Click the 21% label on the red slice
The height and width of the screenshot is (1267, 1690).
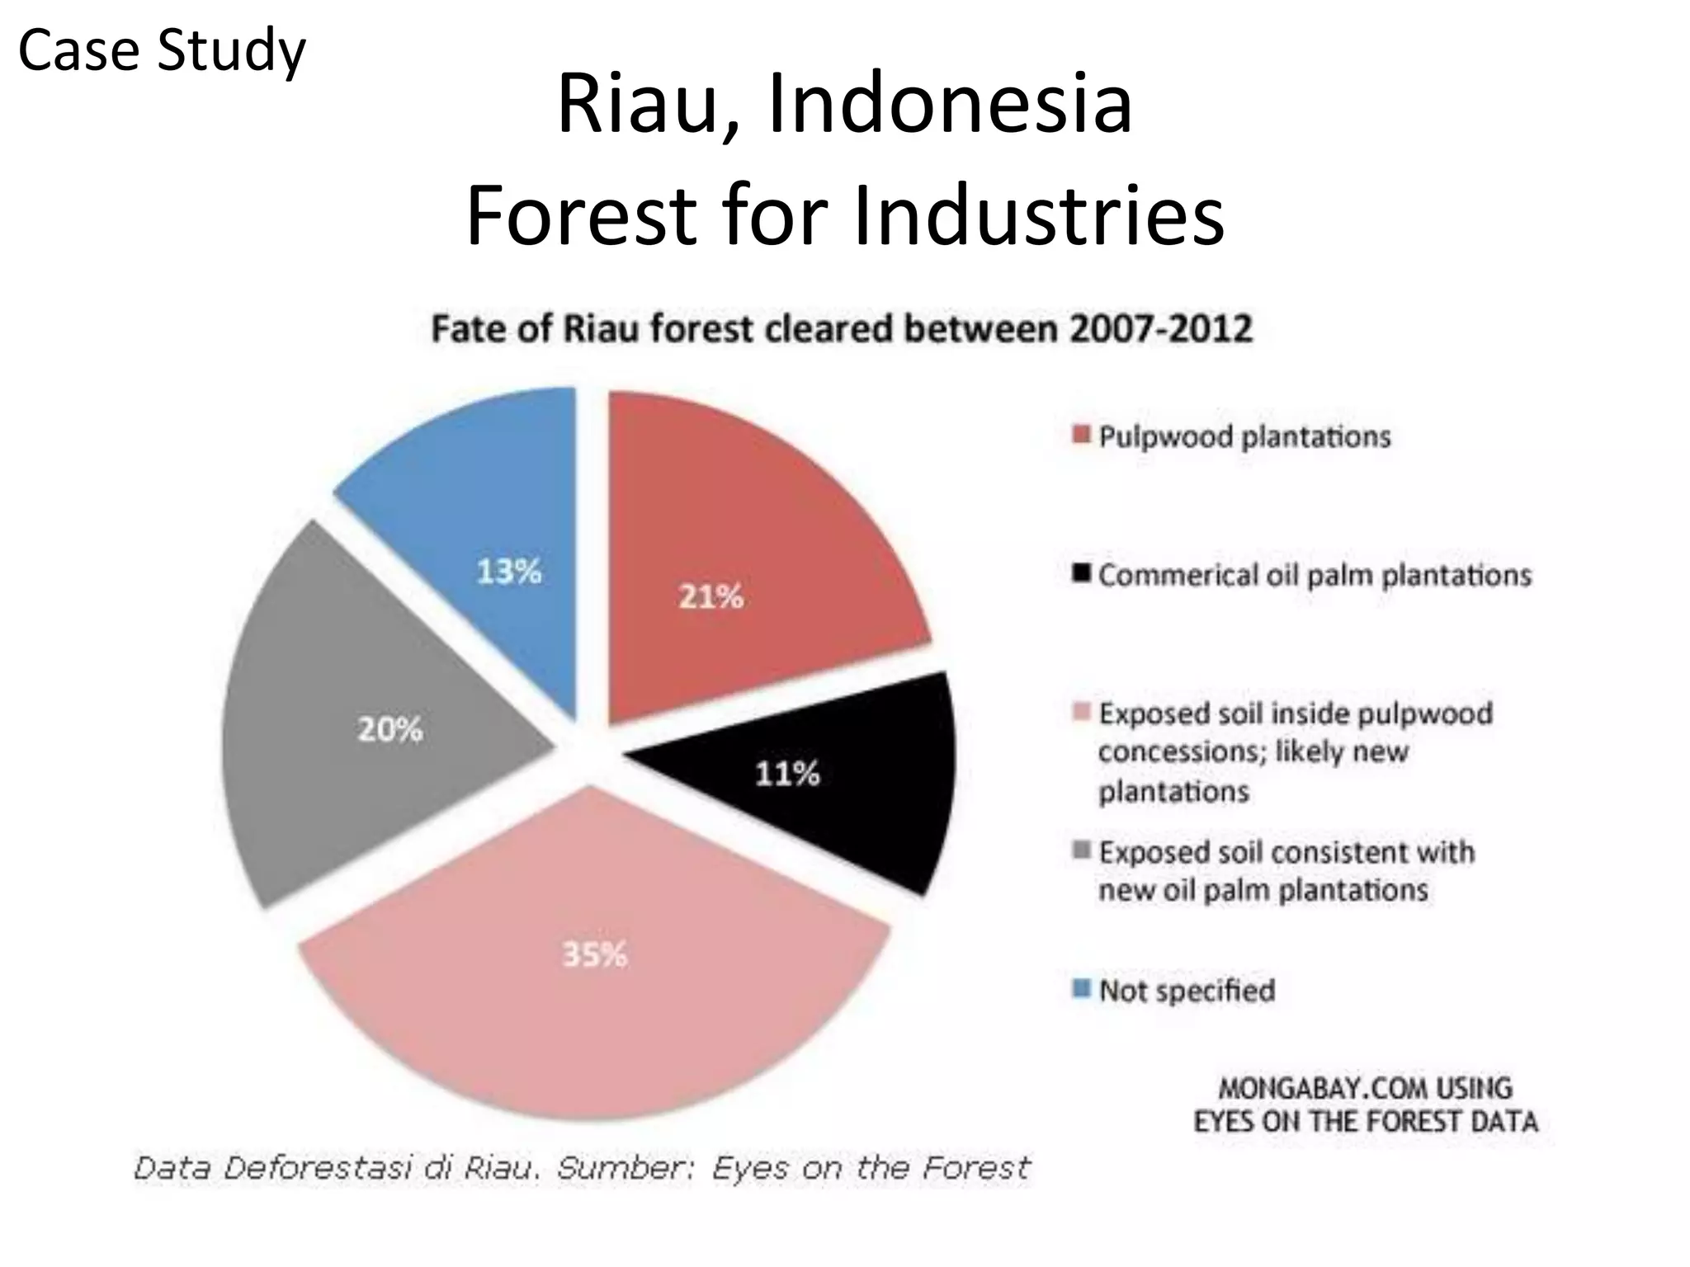(710, 596)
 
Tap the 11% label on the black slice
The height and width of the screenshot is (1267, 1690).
(787, 774)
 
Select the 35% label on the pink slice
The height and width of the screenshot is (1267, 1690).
(594, 955)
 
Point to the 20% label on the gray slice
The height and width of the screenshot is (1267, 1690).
(389, 729)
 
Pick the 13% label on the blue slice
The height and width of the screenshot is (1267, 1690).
(509, 571)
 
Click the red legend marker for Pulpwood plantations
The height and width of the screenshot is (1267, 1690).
(1082, 435)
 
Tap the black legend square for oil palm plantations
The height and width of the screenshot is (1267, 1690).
(1082, 572)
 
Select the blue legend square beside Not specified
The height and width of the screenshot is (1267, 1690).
(1082, 988)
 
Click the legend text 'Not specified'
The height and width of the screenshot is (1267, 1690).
(1187, 990)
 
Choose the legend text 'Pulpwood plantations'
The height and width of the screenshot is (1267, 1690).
(1244, 436)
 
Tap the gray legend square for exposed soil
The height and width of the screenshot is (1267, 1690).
(1082, 850)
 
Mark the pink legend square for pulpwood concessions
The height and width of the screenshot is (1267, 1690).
(1082, 711)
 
